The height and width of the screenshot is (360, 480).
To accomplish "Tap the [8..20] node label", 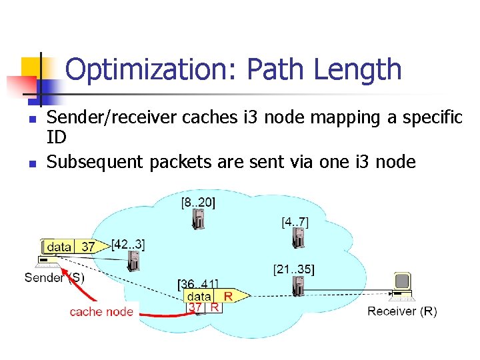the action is coord(198,201).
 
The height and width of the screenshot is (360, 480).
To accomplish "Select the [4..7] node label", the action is coord(295,221).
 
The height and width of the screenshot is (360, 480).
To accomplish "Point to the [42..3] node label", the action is coord(128,244).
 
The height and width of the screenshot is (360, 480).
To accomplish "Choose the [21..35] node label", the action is coord(294,269).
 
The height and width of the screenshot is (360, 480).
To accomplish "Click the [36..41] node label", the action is coord(198,284).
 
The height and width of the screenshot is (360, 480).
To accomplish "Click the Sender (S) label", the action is coord(55,277).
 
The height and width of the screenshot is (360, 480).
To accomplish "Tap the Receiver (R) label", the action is coord(402,311).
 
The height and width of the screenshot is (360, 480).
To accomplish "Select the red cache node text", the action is coord(101,311).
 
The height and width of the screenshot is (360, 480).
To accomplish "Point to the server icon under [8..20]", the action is coord(198,219).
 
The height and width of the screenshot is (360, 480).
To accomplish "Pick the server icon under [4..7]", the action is coord(301,238).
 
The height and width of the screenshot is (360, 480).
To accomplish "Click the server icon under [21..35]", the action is coord(297,287).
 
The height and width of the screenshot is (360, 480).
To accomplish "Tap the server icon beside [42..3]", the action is coord(134,260).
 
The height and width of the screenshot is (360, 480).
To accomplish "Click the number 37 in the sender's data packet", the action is coord(88,247).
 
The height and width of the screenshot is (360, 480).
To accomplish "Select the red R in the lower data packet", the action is coord(227,295).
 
